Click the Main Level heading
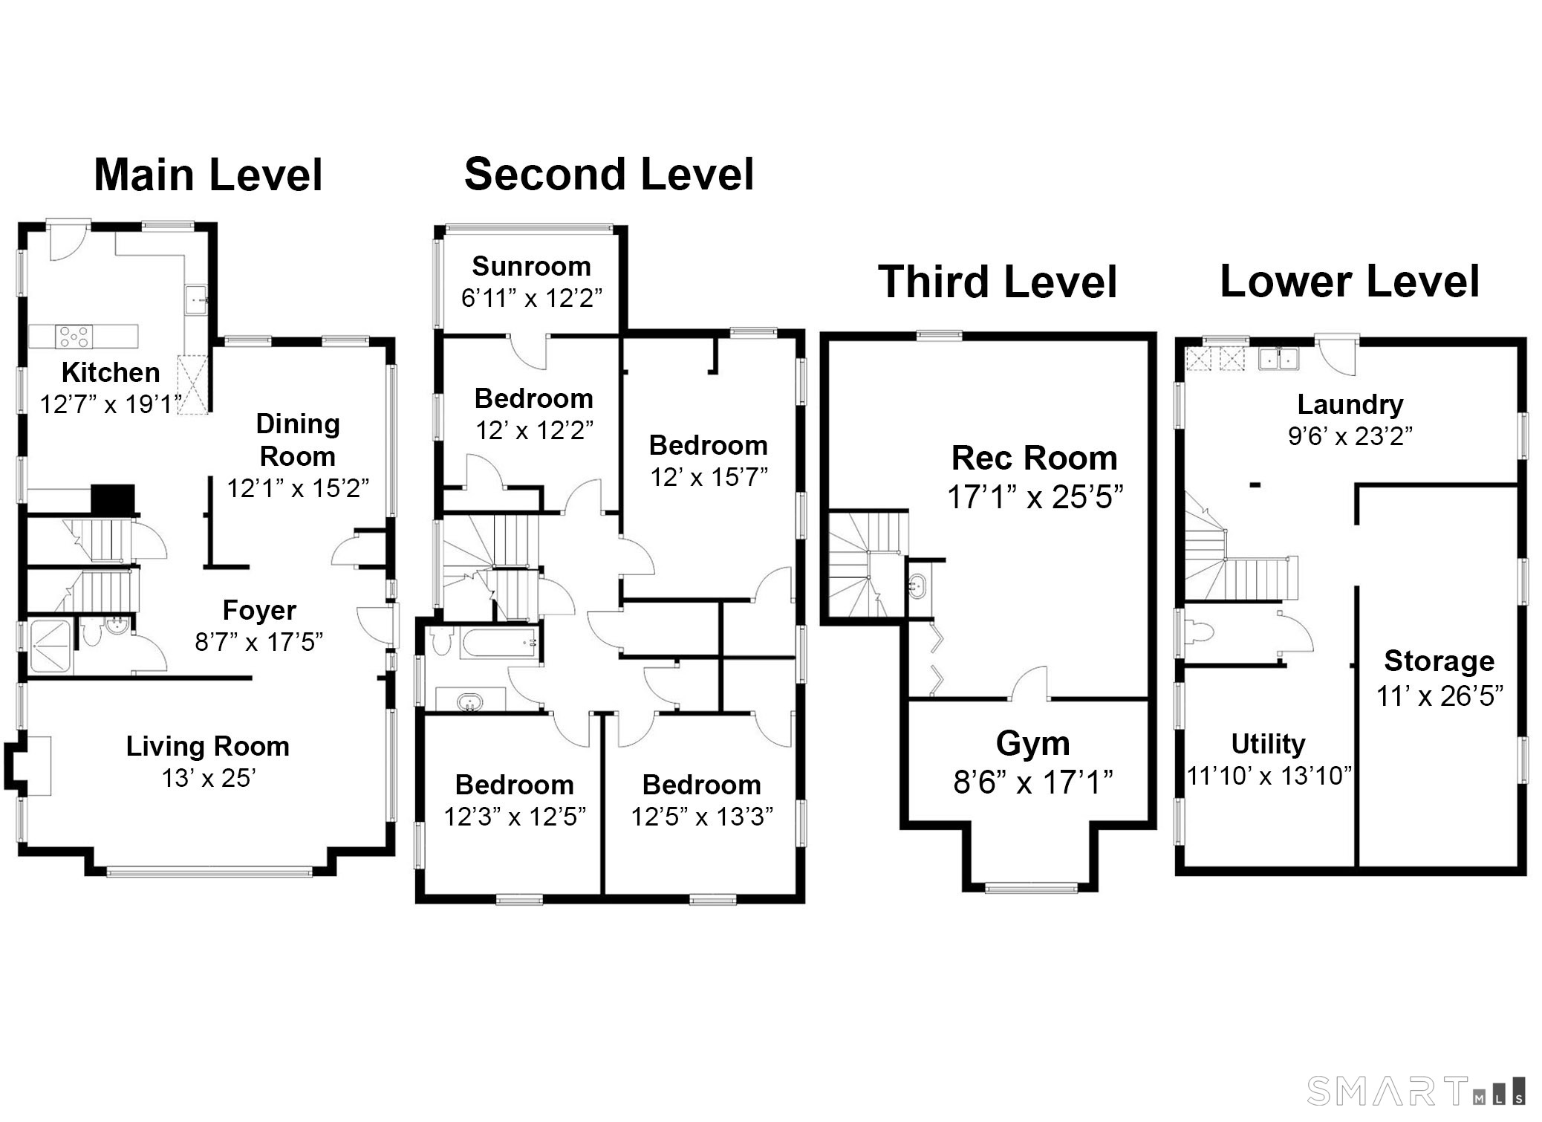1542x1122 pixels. coord(208,175)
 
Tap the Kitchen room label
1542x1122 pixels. coord(111,372)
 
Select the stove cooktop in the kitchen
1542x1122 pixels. coord(74,337)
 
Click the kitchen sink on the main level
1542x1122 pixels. coord(196,301)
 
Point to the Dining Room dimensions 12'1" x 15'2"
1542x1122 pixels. coord(298,488)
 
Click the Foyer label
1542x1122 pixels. coord(259,610)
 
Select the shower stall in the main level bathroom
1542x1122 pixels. coord(50,646)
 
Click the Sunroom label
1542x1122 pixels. coord(531,266)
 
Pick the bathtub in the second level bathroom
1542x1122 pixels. coord(499,643)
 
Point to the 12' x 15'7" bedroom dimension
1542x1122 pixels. coord(709,477)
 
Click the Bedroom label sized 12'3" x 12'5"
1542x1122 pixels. coord(514,785)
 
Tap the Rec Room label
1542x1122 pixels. coord(1034,458)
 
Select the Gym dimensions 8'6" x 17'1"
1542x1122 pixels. coord(1032,782)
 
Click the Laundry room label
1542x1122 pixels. coord(1350,405)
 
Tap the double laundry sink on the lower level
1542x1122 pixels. coord(1278,359)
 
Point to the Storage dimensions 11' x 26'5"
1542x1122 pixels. coord(1439,696)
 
